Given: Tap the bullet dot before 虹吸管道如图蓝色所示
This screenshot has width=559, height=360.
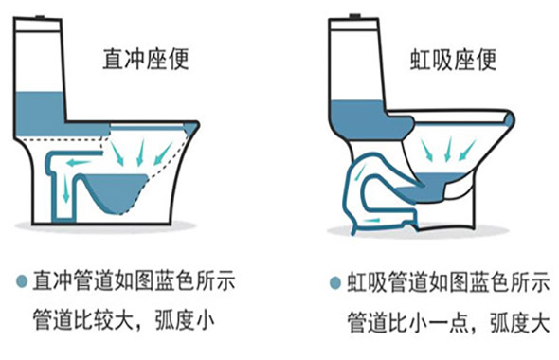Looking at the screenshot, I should click(335, 282).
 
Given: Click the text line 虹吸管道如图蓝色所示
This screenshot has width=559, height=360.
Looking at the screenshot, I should click(442, 282).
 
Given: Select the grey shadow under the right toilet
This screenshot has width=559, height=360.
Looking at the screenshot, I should click(417, 233).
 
